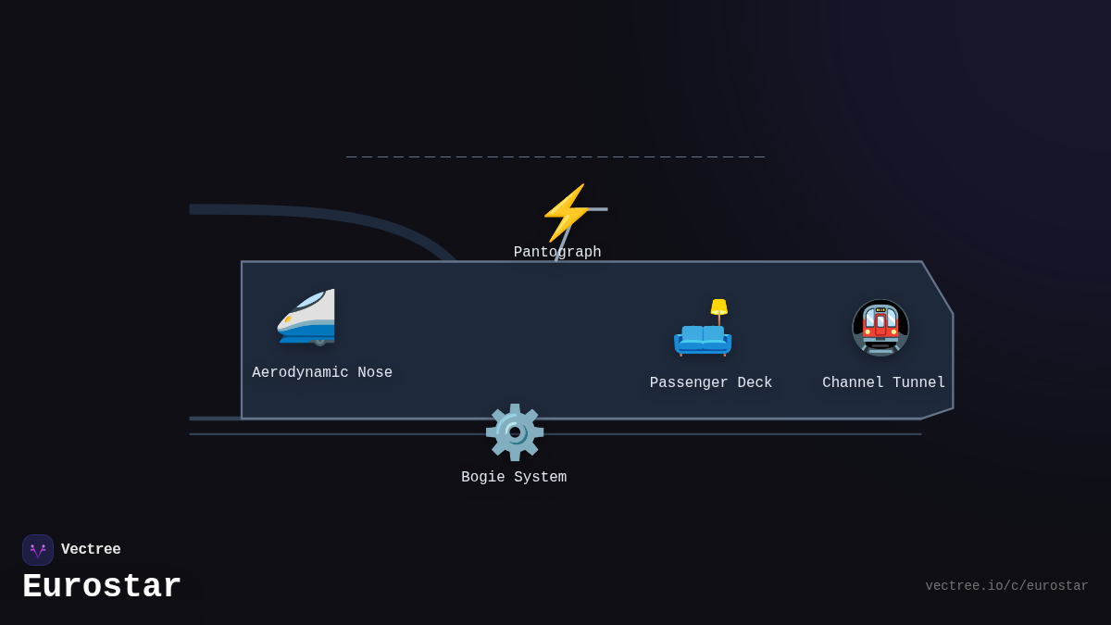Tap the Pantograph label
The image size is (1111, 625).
[x=557, y=253]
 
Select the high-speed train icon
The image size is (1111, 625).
[x=307, y=317]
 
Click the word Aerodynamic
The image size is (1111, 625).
[x=300, y=373]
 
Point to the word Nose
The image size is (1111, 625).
[x=375, y=373]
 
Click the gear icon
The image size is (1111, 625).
[x=514, y=431]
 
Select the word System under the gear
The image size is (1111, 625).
[x=540, y=478]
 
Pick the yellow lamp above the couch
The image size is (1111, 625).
[x=718, y=307]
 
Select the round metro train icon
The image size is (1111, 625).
[x=880, y=328]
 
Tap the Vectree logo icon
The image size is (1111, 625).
[x=38, y=550]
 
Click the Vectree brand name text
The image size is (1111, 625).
[x=91, y=550]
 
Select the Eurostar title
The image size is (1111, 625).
[x=102, y=587]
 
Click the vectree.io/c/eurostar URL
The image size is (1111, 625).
[x=1006, y=586]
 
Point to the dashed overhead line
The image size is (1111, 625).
[x=555, y=157]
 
